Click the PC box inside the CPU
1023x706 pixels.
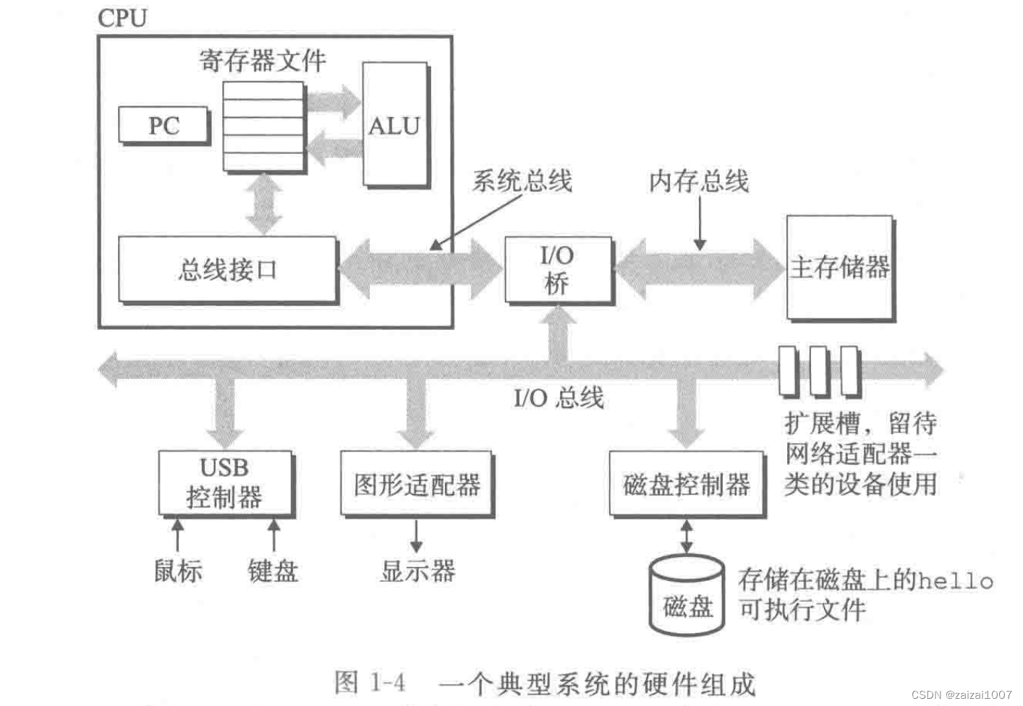coord(164,126)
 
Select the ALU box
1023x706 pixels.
coord(394,126)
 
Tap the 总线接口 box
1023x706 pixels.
coord(227,269)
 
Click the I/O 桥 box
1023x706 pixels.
coord(557,269)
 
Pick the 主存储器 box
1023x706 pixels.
coord(839,267)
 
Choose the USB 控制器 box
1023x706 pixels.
coord(225,482)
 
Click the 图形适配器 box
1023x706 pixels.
coord(417,484)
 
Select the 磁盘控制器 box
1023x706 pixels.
coord(687,484)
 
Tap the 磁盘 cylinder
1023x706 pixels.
coord(687,597)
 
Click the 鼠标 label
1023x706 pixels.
coord(178,571)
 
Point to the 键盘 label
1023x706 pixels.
coord(273,571)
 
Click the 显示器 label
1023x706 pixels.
coord(417,571)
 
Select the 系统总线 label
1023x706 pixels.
coord(522,180)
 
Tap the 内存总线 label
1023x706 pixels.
coord(698,181)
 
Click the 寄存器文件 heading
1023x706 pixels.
coord(263,61)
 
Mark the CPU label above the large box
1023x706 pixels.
coord(122,18)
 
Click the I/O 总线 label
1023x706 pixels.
coord(559,397)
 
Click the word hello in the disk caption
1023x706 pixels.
coord(956,580)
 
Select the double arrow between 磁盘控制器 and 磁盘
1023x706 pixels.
coord(686,537)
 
